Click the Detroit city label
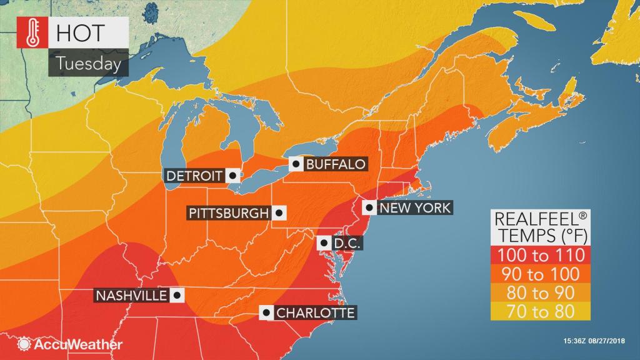pyautogui.click(x=196, y=176)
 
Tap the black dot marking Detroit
pyautogui.click(x=232, y=176)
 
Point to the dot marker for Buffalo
pyautogui.click(x=296, y=164)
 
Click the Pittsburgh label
pyautogui.click(x=228, y=213)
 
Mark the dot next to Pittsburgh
pyautogui.click(x=279, y=213)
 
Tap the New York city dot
pyautogui.click(x=371, y=207)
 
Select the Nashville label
pyautogui.click(x=131, y=295)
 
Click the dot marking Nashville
pyautogui.click(x=177, y=295)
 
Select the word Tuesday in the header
pyautogui.click(x=78, y=63)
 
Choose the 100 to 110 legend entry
pyautogui.click(x=539, y=255)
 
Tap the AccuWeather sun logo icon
pyautogui.click(x=25, y=344)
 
